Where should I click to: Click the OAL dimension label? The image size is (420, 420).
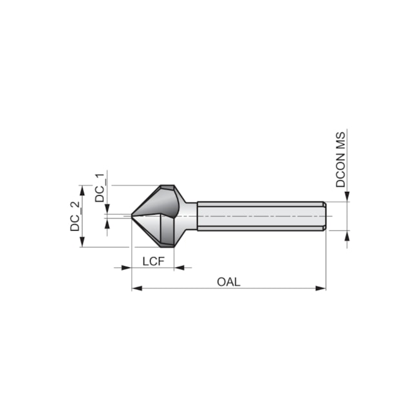point(228,281)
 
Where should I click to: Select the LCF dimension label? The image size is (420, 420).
point(153,260)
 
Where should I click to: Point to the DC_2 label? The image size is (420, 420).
point(76,216)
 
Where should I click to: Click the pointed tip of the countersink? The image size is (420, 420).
point(132,216)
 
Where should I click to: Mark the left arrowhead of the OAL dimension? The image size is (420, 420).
point(136,288)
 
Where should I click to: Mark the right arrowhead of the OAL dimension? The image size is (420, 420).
point(321,288)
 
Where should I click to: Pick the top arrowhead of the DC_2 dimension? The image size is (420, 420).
point(82,189)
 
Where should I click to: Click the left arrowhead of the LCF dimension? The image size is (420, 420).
point(127,267)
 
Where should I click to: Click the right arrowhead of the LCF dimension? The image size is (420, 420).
point(180,267)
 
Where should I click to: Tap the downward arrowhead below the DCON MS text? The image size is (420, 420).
point(347,196)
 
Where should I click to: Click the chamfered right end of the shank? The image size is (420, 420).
point(324,216)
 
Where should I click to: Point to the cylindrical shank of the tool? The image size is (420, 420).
point(258,216)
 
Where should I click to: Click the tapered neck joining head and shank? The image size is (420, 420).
point(191,216)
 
